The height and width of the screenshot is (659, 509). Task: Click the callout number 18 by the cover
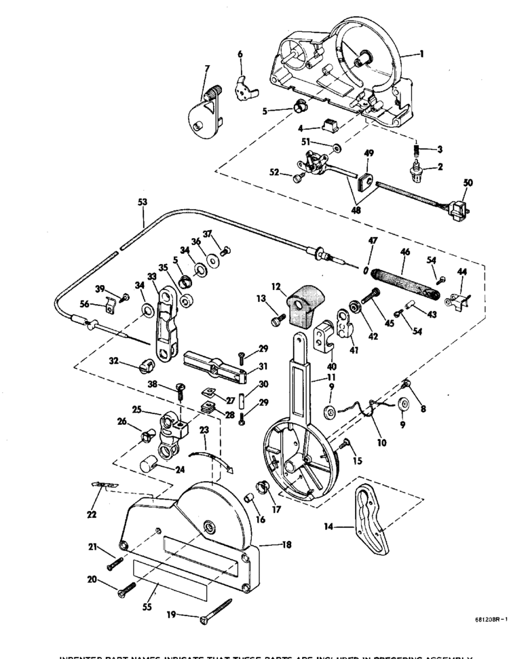pyautogui.click(x=278, y=544)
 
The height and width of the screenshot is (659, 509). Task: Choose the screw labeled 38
pyautogui.click(x=181, y=389)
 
